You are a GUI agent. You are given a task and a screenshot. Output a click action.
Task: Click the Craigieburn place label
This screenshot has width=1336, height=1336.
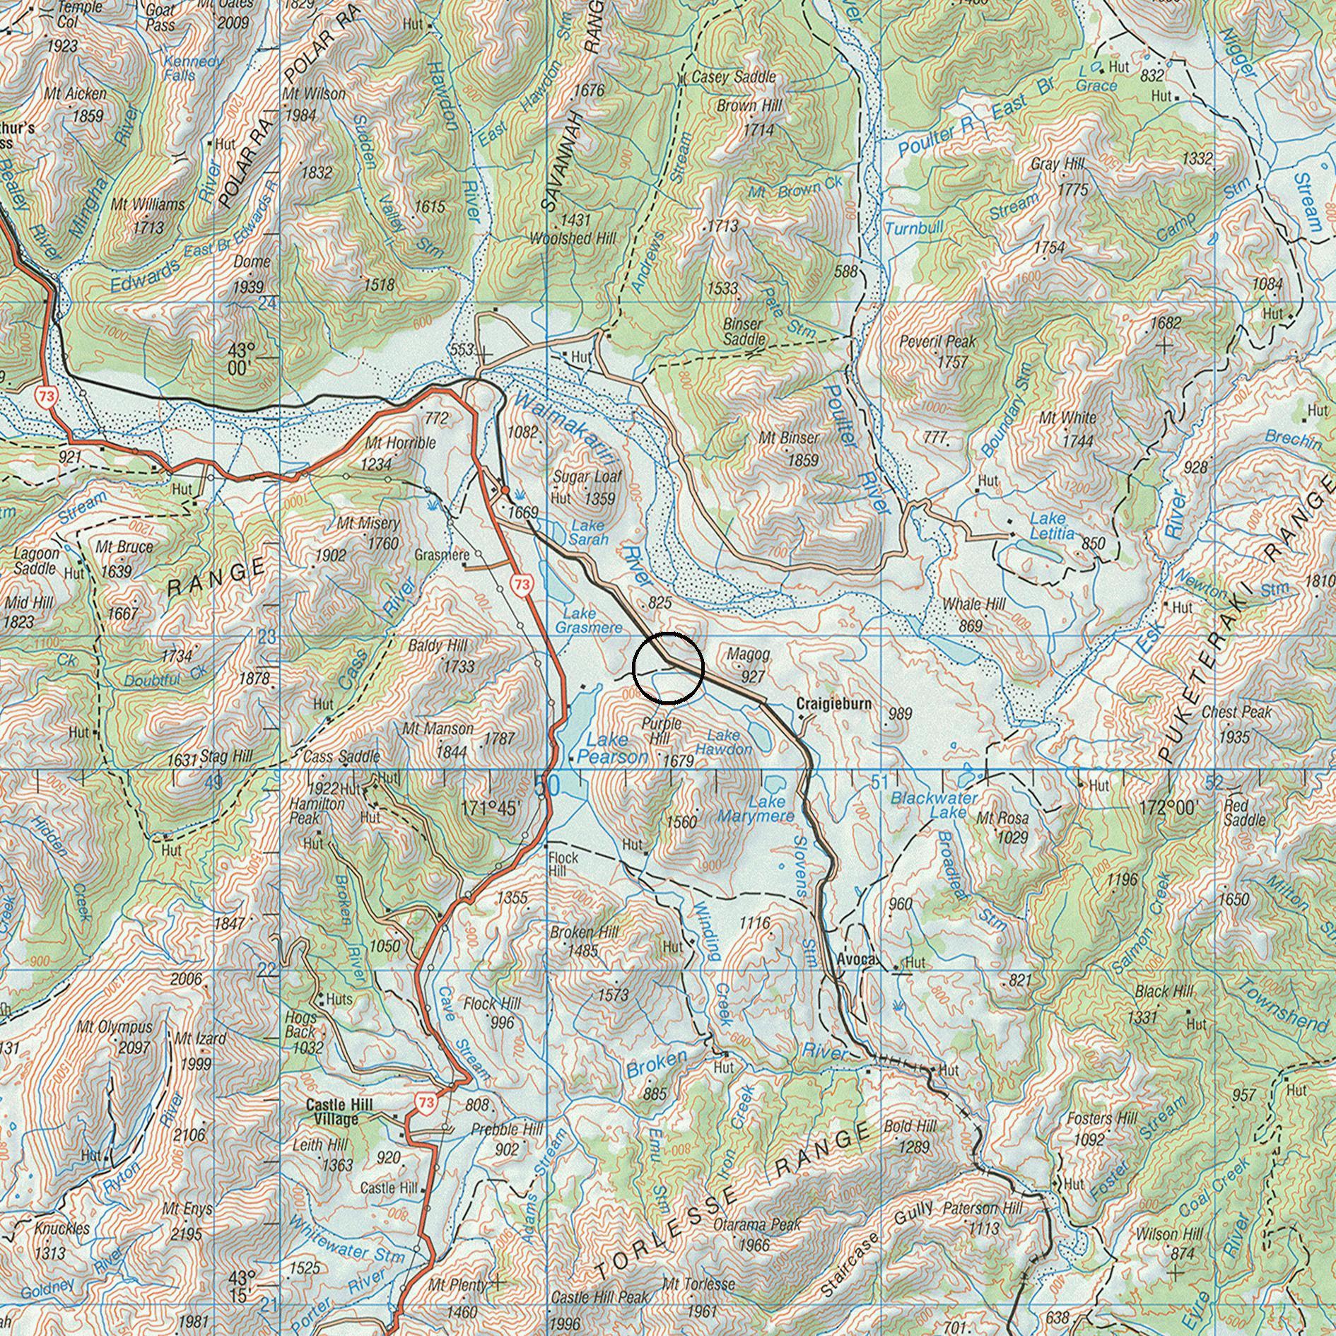point(833,704)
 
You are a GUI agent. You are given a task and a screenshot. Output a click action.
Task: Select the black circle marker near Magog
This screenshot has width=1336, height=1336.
point(668,667)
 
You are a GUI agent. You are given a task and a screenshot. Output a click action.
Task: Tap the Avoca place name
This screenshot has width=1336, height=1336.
point(856,960)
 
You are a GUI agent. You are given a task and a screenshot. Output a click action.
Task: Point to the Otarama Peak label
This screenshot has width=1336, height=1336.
point(757,1224)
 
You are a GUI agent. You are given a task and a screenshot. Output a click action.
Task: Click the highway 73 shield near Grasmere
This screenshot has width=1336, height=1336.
point(522,585)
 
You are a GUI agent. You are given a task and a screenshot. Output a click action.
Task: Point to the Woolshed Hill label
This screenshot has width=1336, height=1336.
point(573,239)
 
